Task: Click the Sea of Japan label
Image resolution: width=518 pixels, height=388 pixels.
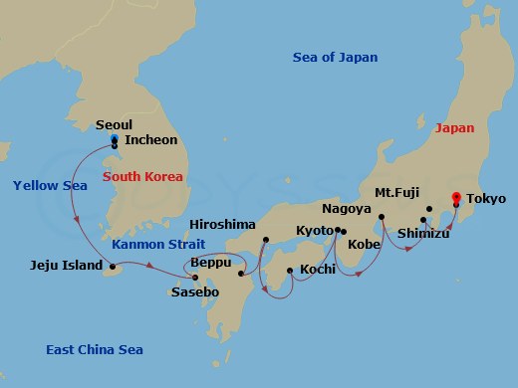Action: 335,57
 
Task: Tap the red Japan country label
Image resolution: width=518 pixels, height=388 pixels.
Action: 453,128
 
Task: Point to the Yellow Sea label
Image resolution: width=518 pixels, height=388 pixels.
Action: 44,185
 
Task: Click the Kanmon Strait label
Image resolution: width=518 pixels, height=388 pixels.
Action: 158,244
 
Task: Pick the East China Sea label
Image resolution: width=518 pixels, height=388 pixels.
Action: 95,349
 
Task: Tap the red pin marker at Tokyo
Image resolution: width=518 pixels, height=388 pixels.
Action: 456,197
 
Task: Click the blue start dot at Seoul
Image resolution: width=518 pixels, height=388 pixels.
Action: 115,139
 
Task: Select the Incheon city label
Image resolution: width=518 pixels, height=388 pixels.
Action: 151,141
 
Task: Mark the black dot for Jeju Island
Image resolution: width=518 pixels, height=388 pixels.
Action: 113,266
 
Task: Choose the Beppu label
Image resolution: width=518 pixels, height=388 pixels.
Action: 210,262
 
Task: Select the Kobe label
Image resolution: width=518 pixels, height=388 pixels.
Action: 363,244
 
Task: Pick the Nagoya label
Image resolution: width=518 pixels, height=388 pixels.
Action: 348,210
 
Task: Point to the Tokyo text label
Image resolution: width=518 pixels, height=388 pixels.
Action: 487,199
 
